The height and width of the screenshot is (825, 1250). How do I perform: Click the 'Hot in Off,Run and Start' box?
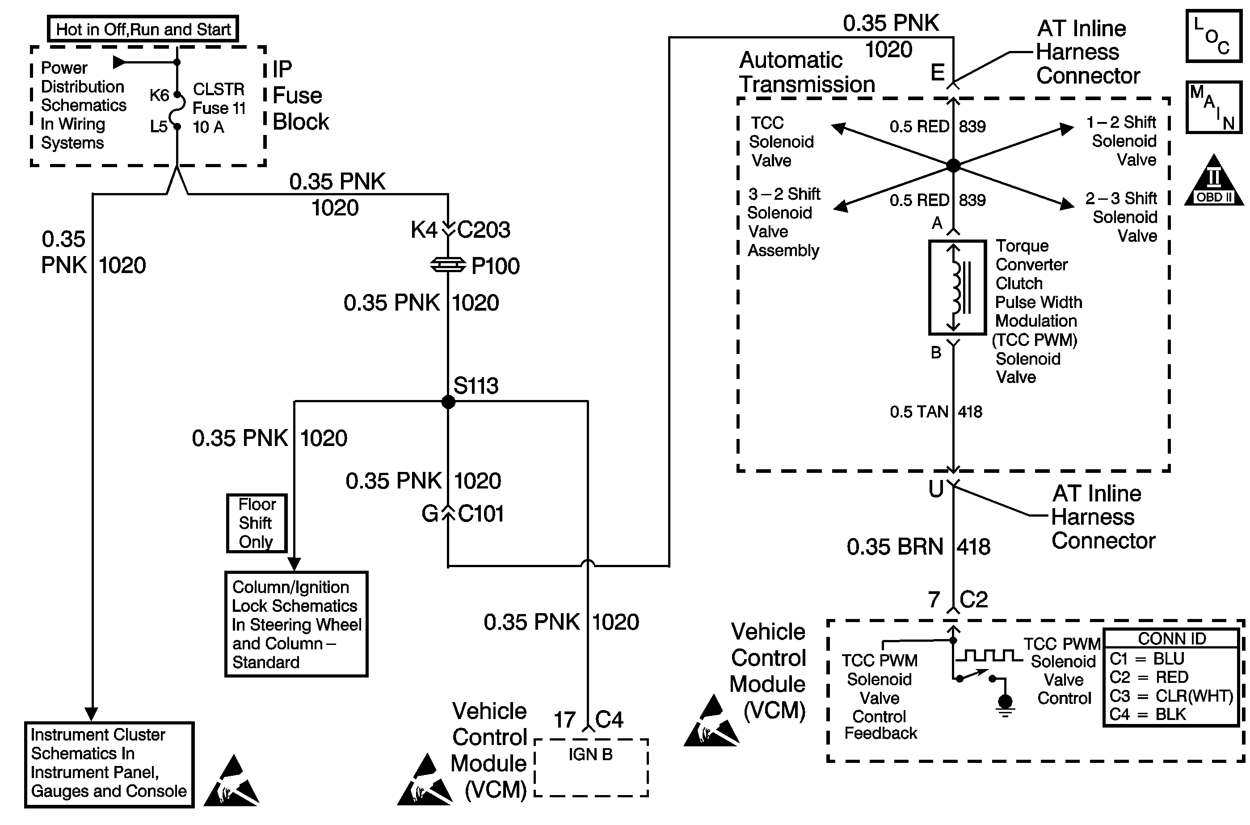pyautogui.click(x=143, y=29)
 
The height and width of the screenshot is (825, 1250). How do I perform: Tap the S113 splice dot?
pyautogui.click(x=448, y=402)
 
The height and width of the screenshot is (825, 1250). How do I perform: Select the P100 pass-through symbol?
pyautogui.click(x=448, y=265)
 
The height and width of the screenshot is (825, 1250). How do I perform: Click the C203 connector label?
pyautogui.click(x=484, y=230)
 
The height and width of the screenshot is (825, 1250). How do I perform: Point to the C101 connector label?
pyautogui.click(x=481, y=514)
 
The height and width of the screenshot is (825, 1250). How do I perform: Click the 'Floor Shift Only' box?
pyautogui.click(x=257, y=523)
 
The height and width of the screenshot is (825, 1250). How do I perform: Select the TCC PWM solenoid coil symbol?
pyautogui.click(x=957, y=287)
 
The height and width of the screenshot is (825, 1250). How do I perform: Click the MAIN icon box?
pyautogui.click(x=1214, y=107)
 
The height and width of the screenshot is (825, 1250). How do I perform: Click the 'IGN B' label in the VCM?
pyautogui.click(x=590, y=754)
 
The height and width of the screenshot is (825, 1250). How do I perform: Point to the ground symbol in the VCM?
pyautogui.click(x=1005, y=704)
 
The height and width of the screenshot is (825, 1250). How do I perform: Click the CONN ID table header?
pyautogui.click(x=1172, y=638)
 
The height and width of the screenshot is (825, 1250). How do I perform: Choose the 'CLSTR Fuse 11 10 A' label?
pyautogui.click(x=219, y=108)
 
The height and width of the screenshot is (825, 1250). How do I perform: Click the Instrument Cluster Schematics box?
pyautogui.click(x=109, y=764)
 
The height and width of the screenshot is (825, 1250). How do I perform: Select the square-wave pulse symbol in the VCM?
pyautogui.click(x=988, y=656)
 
